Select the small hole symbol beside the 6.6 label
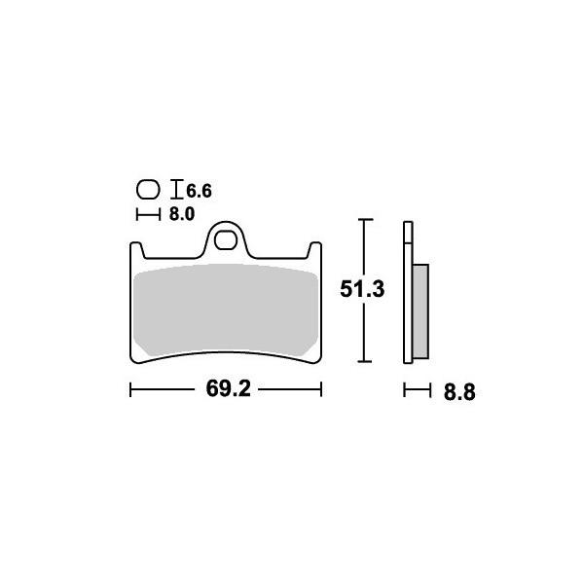click(x=148, y=190)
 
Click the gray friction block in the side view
click(x=420, y=310)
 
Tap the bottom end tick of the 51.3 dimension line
click(x=364, y=362)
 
